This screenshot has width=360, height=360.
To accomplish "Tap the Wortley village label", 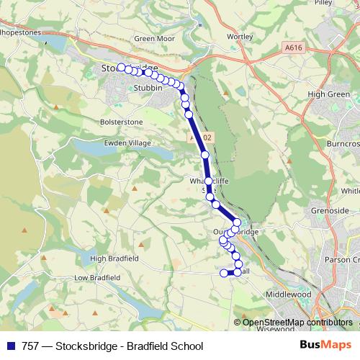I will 239,36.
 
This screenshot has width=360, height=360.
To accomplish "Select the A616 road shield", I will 292,48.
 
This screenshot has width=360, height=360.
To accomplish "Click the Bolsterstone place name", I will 122,122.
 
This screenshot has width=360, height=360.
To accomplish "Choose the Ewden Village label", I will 130,143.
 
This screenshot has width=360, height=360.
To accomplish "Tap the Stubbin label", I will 146,88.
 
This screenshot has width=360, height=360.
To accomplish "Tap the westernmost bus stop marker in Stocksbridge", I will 121,68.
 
